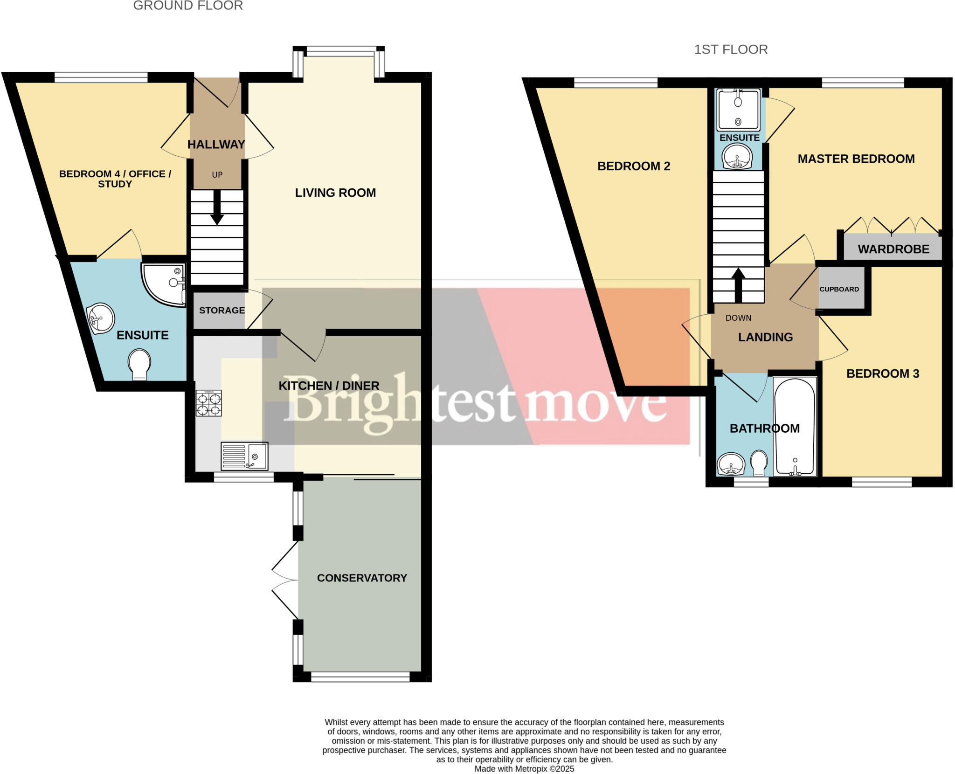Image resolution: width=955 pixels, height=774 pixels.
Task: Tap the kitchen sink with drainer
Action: [x=244, y=456]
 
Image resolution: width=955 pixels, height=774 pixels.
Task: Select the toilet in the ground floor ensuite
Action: [x=139, y=364]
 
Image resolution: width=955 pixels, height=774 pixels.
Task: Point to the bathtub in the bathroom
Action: [x=795, y=427]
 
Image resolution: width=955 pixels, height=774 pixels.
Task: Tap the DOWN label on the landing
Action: [x=738, y=318]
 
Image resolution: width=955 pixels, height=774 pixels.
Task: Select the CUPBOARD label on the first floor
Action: [x=839, y=289]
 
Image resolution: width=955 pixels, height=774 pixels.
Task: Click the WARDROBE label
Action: [x=893, y=249]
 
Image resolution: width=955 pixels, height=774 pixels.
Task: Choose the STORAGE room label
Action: [x=221, y=311]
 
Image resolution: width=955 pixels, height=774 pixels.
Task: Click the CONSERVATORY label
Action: [x=362, y=578]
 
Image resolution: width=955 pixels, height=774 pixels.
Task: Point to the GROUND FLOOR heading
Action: [x=188, y=6]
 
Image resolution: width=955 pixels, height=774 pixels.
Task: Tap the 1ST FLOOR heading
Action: [x=731, y=49]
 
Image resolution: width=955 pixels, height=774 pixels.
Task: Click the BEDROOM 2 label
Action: [x=633, y=166]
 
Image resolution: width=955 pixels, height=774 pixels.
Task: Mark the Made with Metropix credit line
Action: [x=524, y=769]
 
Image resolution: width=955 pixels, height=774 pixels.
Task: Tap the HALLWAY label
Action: [x=216, y=145]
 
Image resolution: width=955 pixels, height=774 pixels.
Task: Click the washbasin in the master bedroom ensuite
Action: [x=737, y=157]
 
